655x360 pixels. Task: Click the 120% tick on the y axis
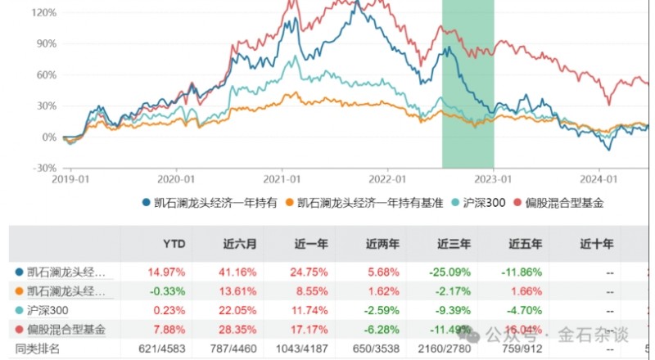[x=44, y=13]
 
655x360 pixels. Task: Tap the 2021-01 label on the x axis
[x=280, y=178]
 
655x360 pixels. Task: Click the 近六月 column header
[x=241, y=243]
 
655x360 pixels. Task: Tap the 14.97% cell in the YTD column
[x=166, y=272]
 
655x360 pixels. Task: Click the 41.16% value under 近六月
[x=238, y=272]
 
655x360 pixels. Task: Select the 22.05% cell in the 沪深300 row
[x=238, y=310]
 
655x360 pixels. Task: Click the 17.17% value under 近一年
[x=310, y=329]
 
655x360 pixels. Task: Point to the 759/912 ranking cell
[x=522, y=349]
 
